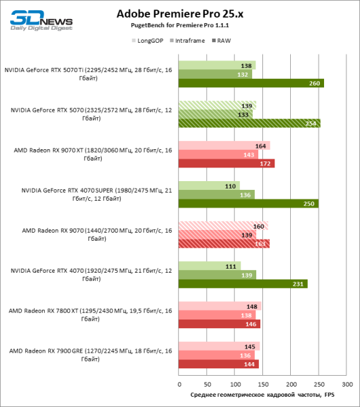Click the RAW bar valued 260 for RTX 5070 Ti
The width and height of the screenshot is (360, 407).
[251, 83]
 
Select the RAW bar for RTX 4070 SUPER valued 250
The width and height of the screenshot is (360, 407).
[248, 203]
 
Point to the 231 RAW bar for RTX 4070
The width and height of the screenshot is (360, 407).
[243, 284]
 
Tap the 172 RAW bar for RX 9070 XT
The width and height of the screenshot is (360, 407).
[226, 163]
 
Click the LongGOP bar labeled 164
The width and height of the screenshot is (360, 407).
[224, 146]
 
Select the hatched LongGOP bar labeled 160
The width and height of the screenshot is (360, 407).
[223, 226]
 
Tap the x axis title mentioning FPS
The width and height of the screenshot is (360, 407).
[262, 394]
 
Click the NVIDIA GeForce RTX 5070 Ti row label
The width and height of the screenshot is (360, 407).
[88, 74]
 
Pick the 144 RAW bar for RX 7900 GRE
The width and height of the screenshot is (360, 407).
[218, 364]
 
